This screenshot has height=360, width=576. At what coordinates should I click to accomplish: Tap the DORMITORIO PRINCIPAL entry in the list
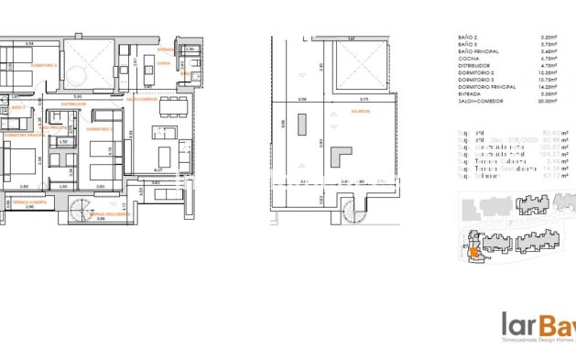tap(480, 88)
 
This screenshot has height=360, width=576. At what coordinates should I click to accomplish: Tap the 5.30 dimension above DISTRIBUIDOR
tap(77, 95)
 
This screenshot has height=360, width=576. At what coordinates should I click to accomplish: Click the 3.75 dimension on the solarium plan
tap(364, 99)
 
